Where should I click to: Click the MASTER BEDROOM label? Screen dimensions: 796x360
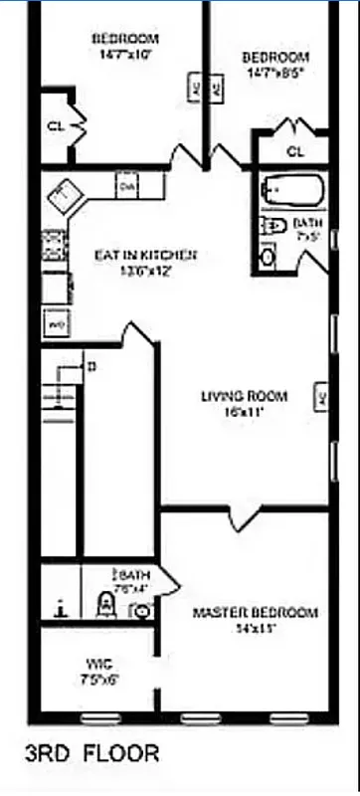pos(255,612)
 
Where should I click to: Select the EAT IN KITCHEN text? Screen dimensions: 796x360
pos(145,256)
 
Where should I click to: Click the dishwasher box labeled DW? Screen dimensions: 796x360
pos(126,186)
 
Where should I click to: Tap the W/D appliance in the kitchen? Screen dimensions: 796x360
pos(56,324)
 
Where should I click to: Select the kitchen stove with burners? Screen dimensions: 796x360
pos(54,243)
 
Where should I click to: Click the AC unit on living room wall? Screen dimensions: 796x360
pos(321,395)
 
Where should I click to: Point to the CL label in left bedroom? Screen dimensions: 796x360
pos(57,126)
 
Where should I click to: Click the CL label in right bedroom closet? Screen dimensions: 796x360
pos(294,151)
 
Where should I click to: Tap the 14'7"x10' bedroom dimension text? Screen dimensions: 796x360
pos(125,56)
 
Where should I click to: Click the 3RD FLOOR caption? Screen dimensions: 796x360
pos(92,753)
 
